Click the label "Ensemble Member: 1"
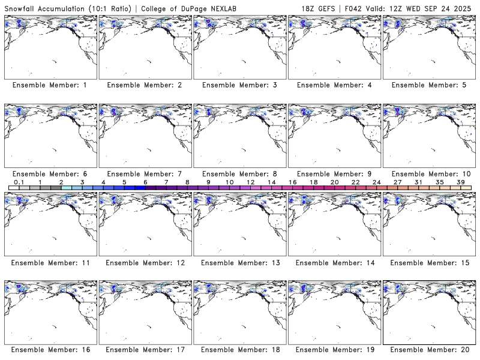50,85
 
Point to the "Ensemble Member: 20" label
428,349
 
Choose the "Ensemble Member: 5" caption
428,85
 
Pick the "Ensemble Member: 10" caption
428,174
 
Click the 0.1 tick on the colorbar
19,182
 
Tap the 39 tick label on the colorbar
460,182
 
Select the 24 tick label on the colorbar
376,182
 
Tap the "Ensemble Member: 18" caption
334,349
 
